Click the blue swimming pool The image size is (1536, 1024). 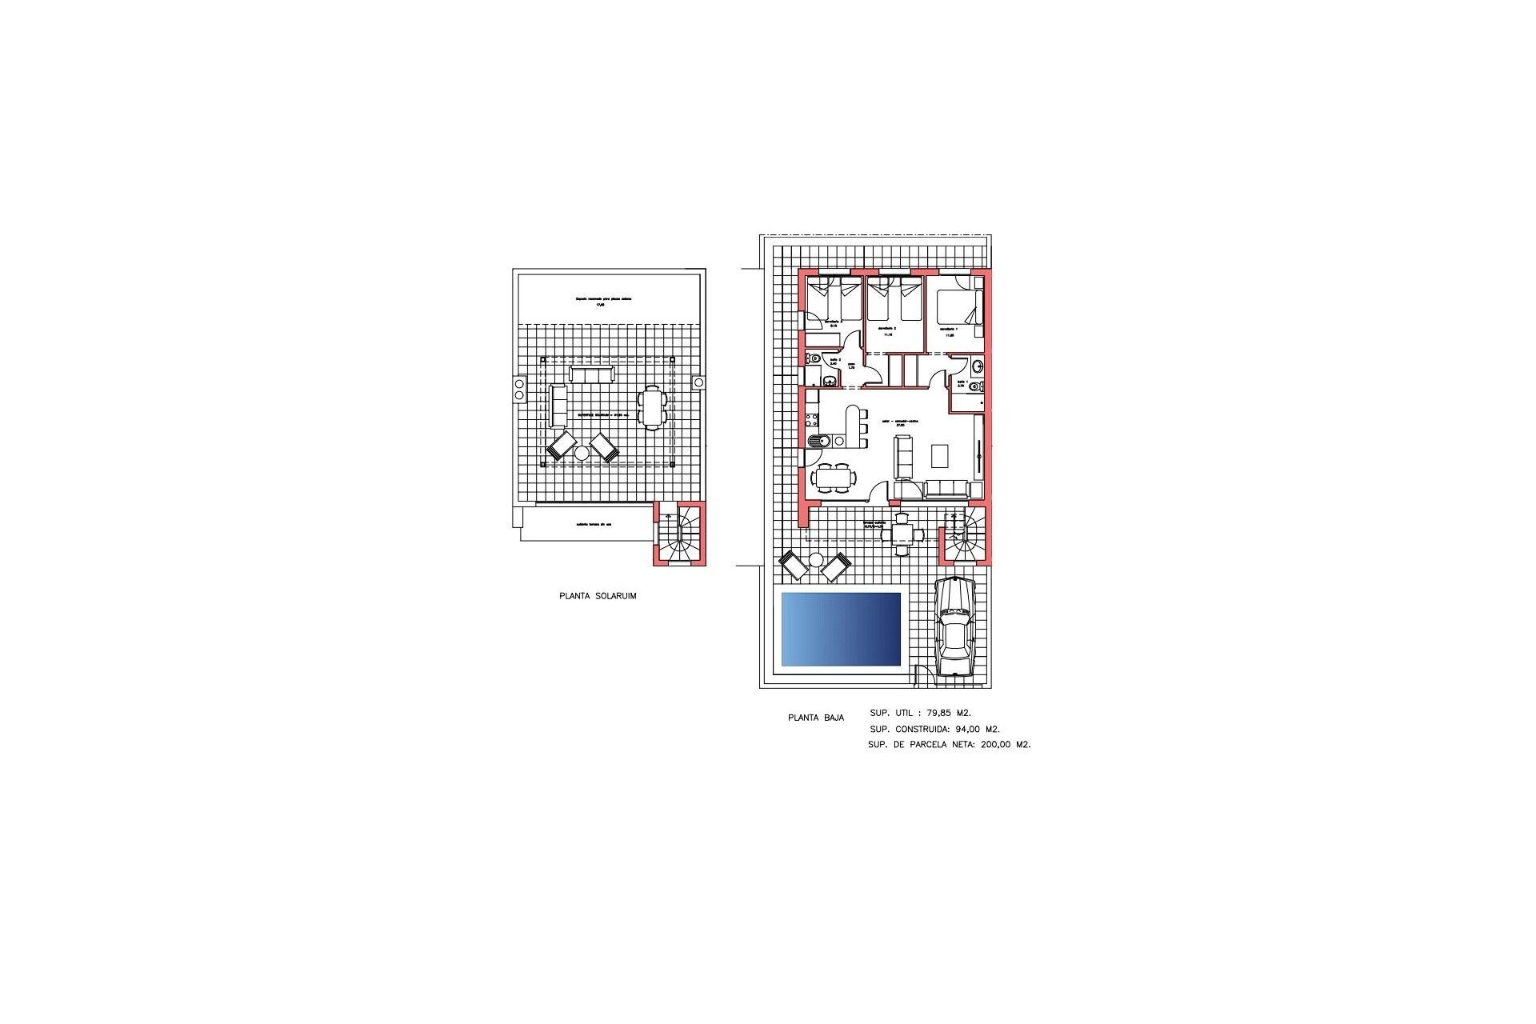[841, 629]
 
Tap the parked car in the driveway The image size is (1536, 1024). [955, 627]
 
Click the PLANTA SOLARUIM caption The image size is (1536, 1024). [598, 596]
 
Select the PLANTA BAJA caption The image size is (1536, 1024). [815, 718]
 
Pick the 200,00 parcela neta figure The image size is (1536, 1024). [996, 744]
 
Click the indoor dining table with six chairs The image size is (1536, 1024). [834, 478]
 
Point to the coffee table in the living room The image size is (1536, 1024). [940, 455]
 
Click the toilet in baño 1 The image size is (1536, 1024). [974, 387]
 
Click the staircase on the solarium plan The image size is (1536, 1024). [681, 534]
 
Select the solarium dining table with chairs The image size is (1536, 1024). [651, 408]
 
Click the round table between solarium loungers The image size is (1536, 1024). [582, 453]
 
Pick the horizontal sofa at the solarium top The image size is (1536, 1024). [592, 374]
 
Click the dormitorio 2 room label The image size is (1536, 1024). [886, 328]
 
